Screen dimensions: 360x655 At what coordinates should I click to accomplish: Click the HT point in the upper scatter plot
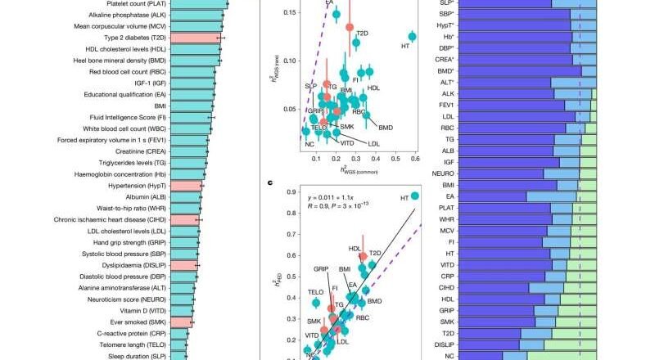(x=413, y=37)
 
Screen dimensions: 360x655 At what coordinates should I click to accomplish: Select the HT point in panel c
(x=415, y=196)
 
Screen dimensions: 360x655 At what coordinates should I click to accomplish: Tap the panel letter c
(x=270, y=182)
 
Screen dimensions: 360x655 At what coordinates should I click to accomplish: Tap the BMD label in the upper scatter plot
(x=386, y=127)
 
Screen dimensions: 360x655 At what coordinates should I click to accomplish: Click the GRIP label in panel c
(x=321, y=268)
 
